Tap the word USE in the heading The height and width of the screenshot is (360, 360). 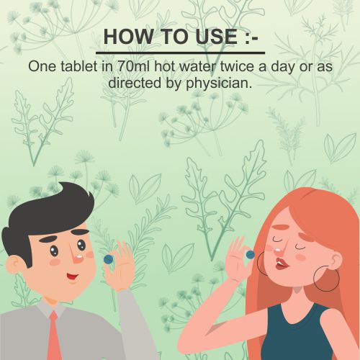pos(217,37)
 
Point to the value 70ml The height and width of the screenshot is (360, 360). pos(133,66)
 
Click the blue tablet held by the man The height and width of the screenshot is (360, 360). pos(109,259)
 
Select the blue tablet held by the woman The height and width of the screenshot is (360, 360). pos(250,255)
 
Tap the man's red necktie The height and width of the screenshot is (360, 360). pos(53,336)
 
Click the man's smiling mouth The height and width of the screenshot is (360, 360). pos(72,276)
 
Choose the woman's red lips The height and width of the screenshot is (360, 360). pos(280,264)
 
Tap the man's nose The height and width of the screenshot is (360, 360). pos(76,255)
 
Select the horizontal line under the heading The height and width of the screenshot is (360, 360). pos(181,53)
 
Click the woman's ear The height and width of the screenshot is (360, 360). pos(336,261)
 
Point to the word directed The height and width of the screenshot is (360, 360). pos(135,83)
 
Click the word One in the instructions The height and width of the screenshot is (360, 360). pos(42,66)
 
